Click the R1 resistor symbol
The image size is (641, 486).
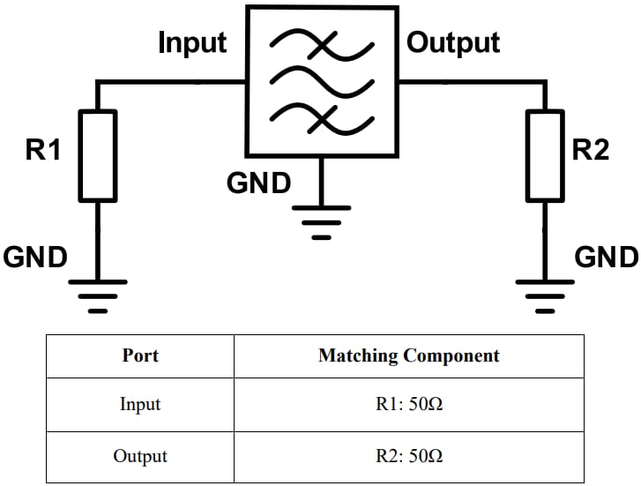point(98,155)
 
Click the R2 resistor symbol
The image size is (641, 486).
point(545,155)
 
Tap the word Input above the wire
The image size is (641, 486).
point(192,42)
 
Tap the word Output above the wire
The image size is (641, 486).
point(452,42)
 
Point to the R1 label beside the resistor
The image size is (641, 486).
point(43,150)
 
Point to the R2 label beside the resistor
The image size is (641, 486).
point(591,150)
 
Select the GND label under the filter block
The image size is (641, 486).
point(258,183)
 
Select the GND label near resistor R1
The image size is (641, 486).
point(35,258)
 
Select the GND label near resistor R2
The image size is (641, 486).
point(607,258)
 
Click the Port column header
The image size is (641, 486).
point(140,356)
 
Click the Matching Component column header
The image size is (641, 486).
point(408,356)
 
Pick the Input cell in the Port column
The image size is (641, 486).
point(140,405)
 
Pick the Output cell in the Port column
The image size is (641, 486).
point(140,457)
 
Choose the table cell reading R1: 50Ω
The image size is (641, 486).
point(408,405)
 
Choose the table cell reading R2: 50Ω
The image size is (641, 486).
point(408,457)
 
